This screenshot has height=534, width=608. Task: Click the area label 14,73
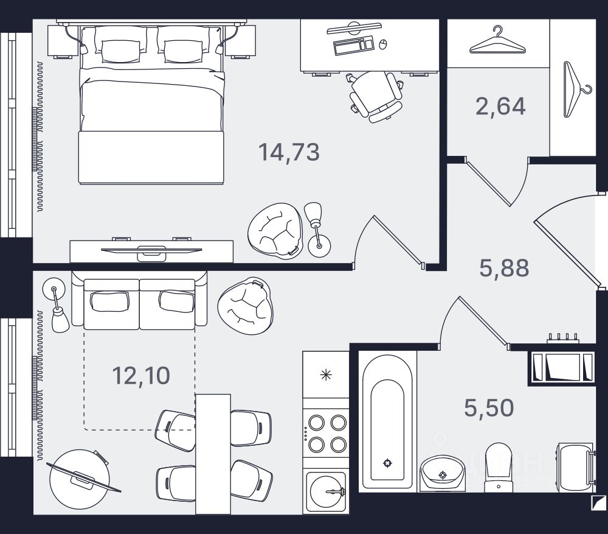point(289,152)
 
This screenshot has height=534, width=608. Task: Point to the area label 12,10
point(141,376)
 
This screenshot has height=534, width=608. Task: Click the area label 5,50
point(489,407)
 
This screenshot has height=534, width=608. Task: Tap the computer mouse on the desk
point(383,44)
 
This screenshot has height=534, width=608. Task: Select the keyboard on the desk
point(353,44)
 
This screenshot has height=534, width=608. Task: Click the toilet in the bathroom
point(498,468)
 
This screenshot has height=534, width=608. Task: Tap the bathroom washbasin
point(442,473)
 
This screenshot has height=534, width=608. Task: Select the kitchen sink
point(326,490)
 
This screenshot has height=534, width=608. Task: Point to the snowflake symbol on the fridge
point(326,374)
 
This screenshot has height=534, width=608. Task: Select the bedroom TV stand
point(151,250)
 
